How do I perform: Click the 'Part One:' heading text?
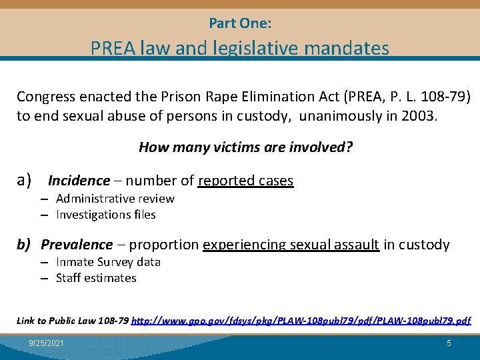point(240,23)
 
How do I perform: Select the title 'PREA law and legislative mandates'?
point(240,48)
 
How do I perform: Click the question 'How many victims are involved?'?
point(245,147)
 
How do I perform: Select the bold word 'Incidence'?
point(79,181)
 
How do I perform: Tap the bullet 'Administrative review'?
point(115,199)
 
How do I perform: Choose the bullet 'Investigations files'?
point(105,215)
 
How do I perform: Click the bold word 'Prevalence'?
point(77,245)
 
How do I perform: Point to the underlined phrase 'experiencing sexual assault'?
point(291,245)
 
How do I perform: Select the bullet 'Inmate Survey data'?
point(108,262)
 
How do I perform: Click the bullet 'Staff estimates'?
point(96,278)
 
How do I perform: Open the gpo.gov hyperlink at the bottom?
point(301,321)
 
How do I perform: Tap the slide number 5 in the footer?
point(449,343)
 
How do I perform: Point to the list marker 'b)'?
point(25,245)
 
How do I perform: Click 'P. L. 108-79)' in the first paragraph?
point(433,97)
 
